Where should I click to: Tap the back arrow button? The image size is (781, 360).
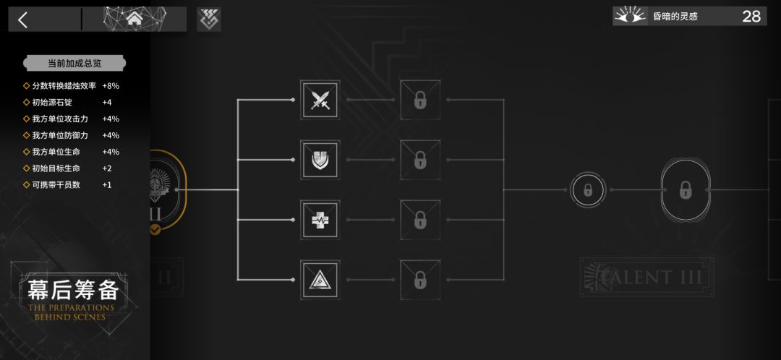23,20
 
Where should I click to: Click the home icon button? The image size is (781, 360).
134,19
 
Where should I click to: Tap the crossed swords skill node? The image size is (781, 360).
320,100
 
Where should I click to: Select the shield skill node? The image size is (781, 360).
320,160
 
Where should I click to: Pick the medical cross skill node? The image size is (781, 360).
320,220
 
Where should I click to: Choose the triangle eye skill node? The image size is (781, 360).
320,280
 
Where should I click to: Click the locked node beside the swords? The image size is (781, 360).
420,100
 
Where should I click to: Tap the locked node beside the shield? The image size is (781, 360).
420,160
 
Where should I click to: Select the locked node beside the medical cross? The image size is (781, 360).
420,220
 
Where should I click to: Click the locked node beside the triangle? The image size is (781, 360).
420,280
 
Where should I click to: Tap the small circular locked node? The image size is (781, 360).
588,189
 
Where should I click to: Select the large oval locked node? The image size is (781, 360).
686,189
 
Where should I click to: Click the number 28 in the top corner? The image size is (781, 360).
751,17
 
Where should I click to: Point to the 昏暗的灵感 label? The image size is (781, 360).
675,17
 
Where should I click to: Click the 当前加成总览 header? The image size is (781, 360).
74,63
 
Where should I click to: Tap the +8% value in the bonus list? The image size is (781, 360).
111,85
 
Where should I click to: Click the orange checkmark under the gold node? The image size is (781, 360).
155,230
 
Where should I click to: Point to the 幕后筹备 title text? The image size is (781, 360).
73,290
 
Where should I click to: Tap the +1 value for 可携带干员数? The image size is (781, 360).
106,185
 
